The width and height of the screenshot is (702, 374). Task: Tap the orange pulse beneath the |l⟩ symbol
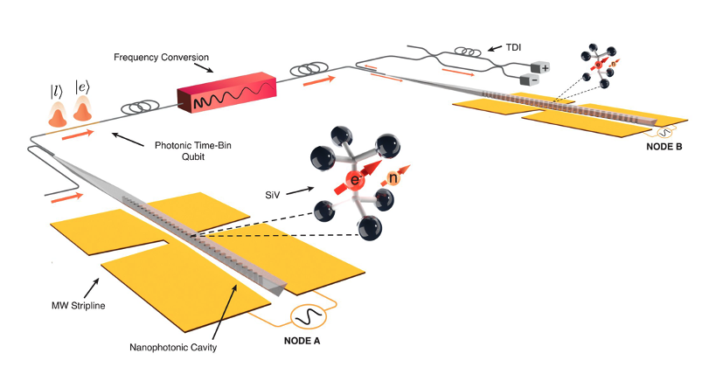(58, 113)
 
